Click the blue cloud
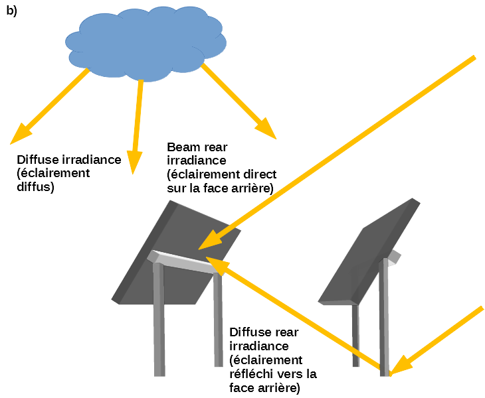146,43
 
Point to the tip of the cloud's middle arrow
134,163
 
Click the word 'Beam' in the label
183,147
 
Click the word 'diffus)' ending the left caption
35,187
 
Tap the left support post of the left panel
159,318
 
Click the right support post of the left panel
218,318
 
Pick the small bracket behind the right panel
395,256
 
